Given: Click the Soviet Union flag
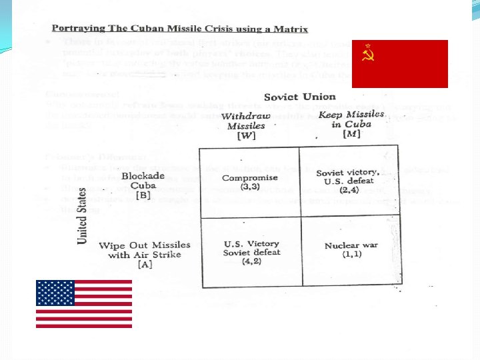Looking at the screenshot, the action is [400, 63].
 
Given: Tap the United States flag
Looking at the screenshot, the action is [84, 303].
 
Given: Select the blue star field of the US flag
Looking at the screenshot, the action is [55, 293].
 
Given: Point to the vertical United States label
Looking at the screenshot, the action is [83, 215].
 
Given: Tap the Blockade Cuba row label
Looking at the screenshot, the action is [143, 181].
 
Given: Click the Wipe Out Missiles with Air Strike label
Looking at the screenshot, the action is [144, 250].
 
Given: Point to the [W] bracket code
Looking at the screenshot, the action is [247, 136].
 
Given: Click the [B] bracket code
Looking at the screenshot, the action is [143, 196].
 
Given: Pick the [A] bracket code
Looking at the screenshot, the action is [145, 265].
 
